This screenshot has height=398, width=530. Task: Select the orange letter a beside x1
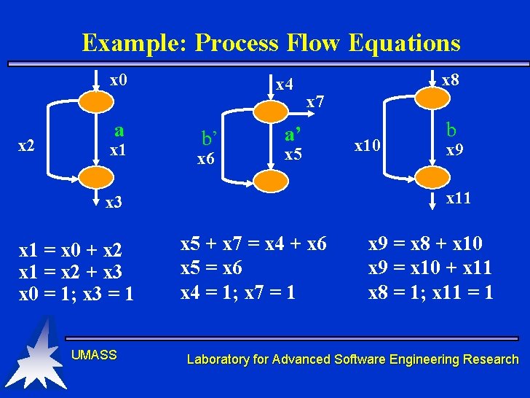(119, 130)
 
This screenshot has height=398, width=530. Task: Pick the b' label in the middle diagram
(210, 136)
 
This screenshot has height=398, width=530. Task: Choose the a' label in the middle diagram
(294, 134)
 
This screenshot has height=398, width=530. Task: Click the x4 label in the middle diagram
(284, 85)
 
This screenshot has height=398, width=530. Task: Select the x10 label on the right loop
(367, 146)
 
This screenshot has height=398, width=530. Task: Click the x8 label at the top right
(451, 79)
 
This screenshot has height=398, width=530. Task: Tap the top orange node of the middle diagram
(272, 110)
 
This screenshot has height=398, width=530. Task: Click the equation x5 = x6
(211, 268)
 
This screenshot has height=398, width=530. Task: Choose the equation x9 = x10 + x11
(430, 268)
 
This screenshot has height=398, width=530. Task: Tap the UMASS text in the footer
(94, 355)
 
